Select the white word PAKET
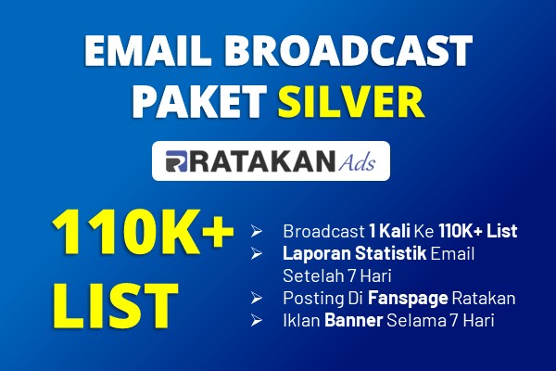199,102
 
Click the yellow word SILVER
351,102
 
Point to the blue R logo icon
176,161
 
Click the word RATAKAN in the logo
261,161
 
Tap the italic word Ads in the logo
357,162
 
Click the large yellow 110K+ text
143,232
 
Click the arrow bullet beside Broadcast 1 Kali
256,232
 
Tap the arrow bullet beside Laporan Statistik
256,253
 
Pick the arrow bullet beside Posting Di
256,299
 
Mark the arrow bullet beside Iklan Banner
256,320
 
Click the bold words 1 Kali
389,231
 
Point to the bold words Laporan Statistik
354,253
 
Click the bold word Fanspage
408,299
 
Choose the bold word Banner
354,320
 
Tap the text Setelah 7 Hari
337,275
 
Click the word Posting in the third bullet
313,299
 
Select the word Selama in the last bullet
416,320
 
